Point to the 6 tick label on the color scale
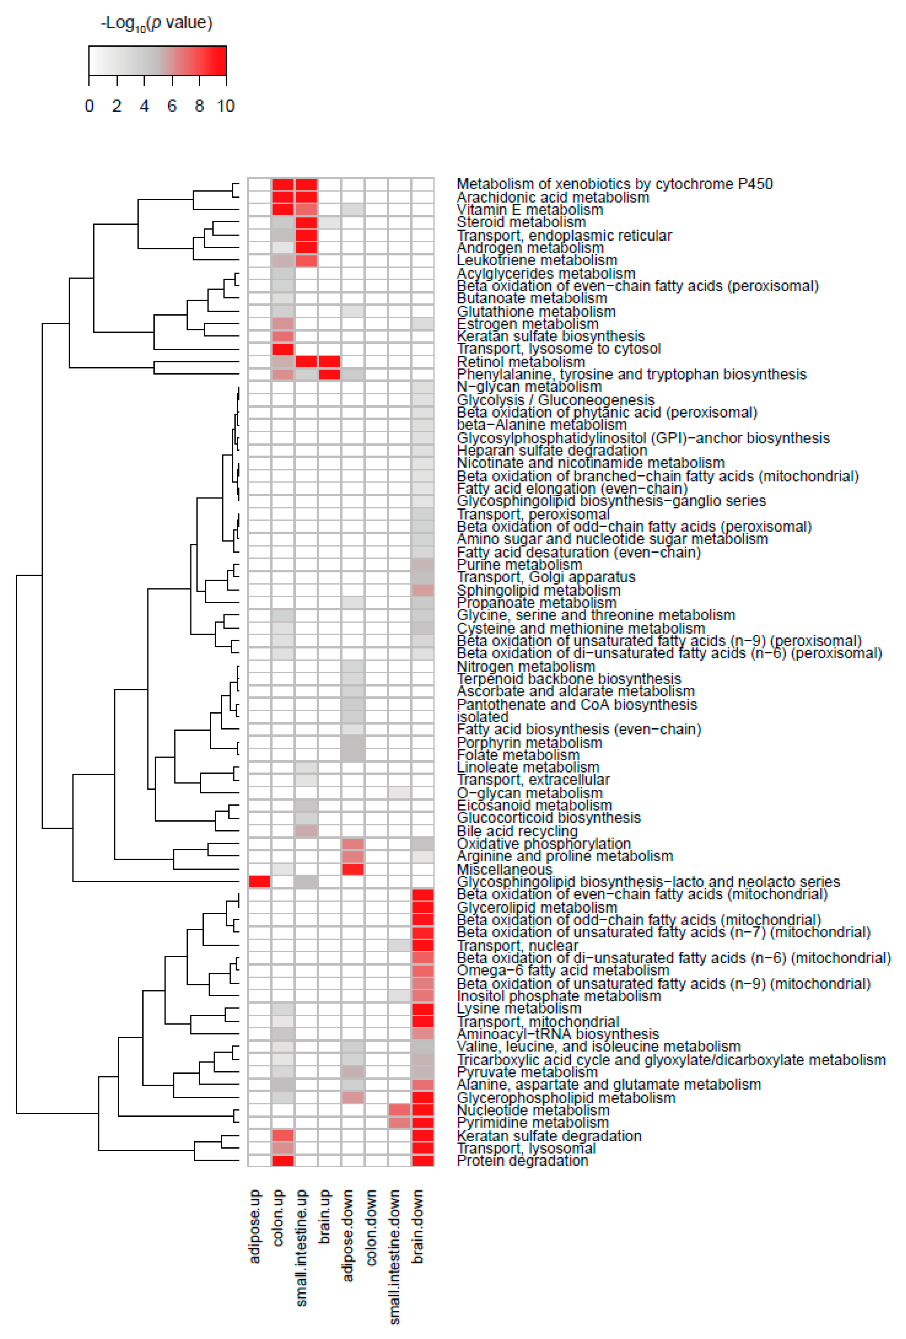[x=172, y=106]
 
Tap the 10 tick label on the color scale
[x=225, y=106]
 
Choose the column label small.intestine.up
[x=301, y=1247]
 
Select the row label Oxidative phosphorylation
[x=543, y=844]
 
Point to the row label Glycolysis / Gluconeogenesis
[x=555, y=400]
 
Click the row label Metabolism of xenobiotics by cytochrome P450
[x=614, y=184]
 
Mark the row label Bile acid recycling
[x=517, y=831]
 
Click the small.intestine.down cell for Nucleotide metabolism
[x=399, y=1110]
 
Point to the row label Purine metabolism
[x=519, y=565]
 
